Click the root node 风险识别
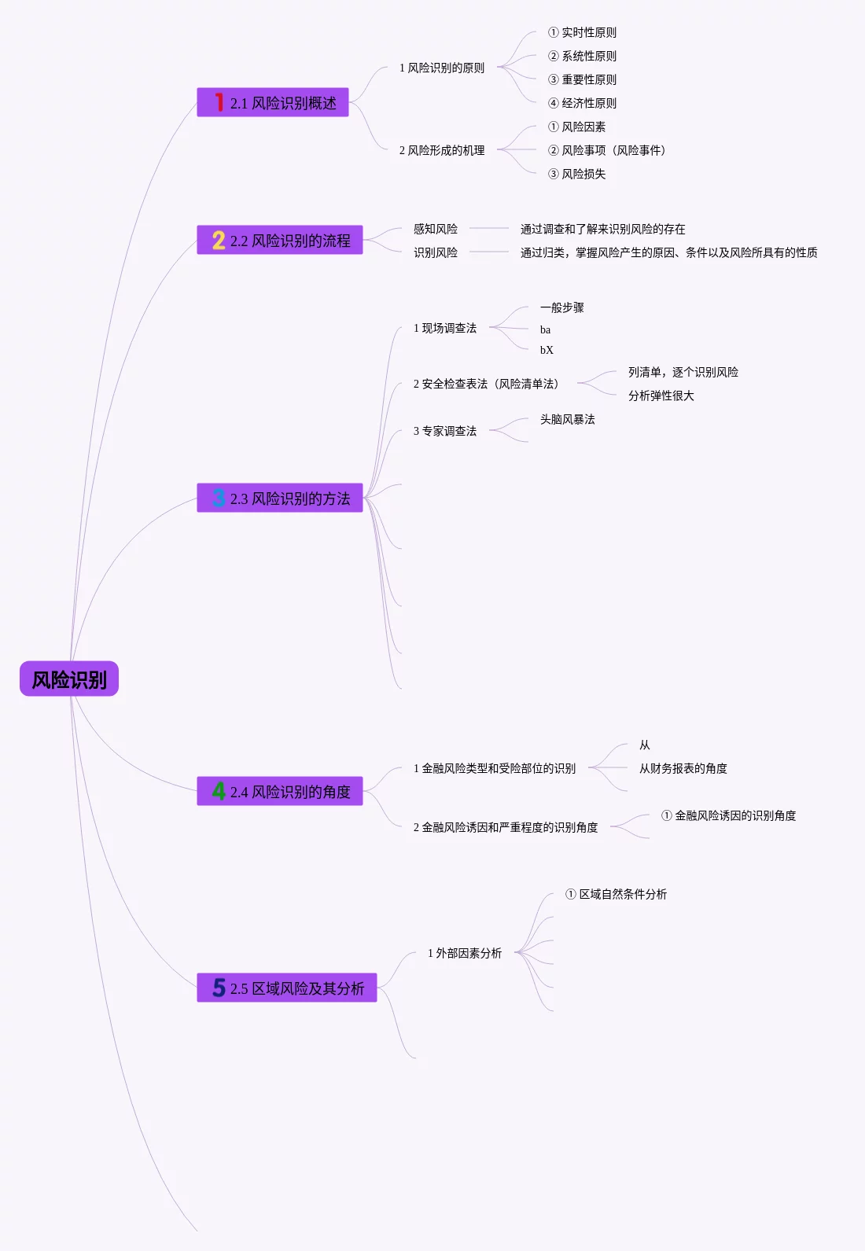69,679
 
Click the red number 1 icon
219,102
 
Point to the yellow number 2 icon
219,240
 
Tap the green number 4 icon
219,791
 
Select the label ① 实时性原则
582,32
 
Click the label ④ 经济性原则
582,103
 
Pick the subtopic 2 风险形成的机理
442,150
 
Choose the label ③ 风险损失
576,174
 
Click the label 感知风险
436,229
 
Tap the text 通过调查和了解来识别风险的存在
602,229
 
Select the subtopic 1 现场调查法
445,328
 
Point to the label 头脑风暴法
567,419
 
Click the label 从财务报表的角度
683,768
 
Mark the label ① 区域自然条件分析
616,894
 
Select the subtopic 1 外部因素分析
465,953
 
